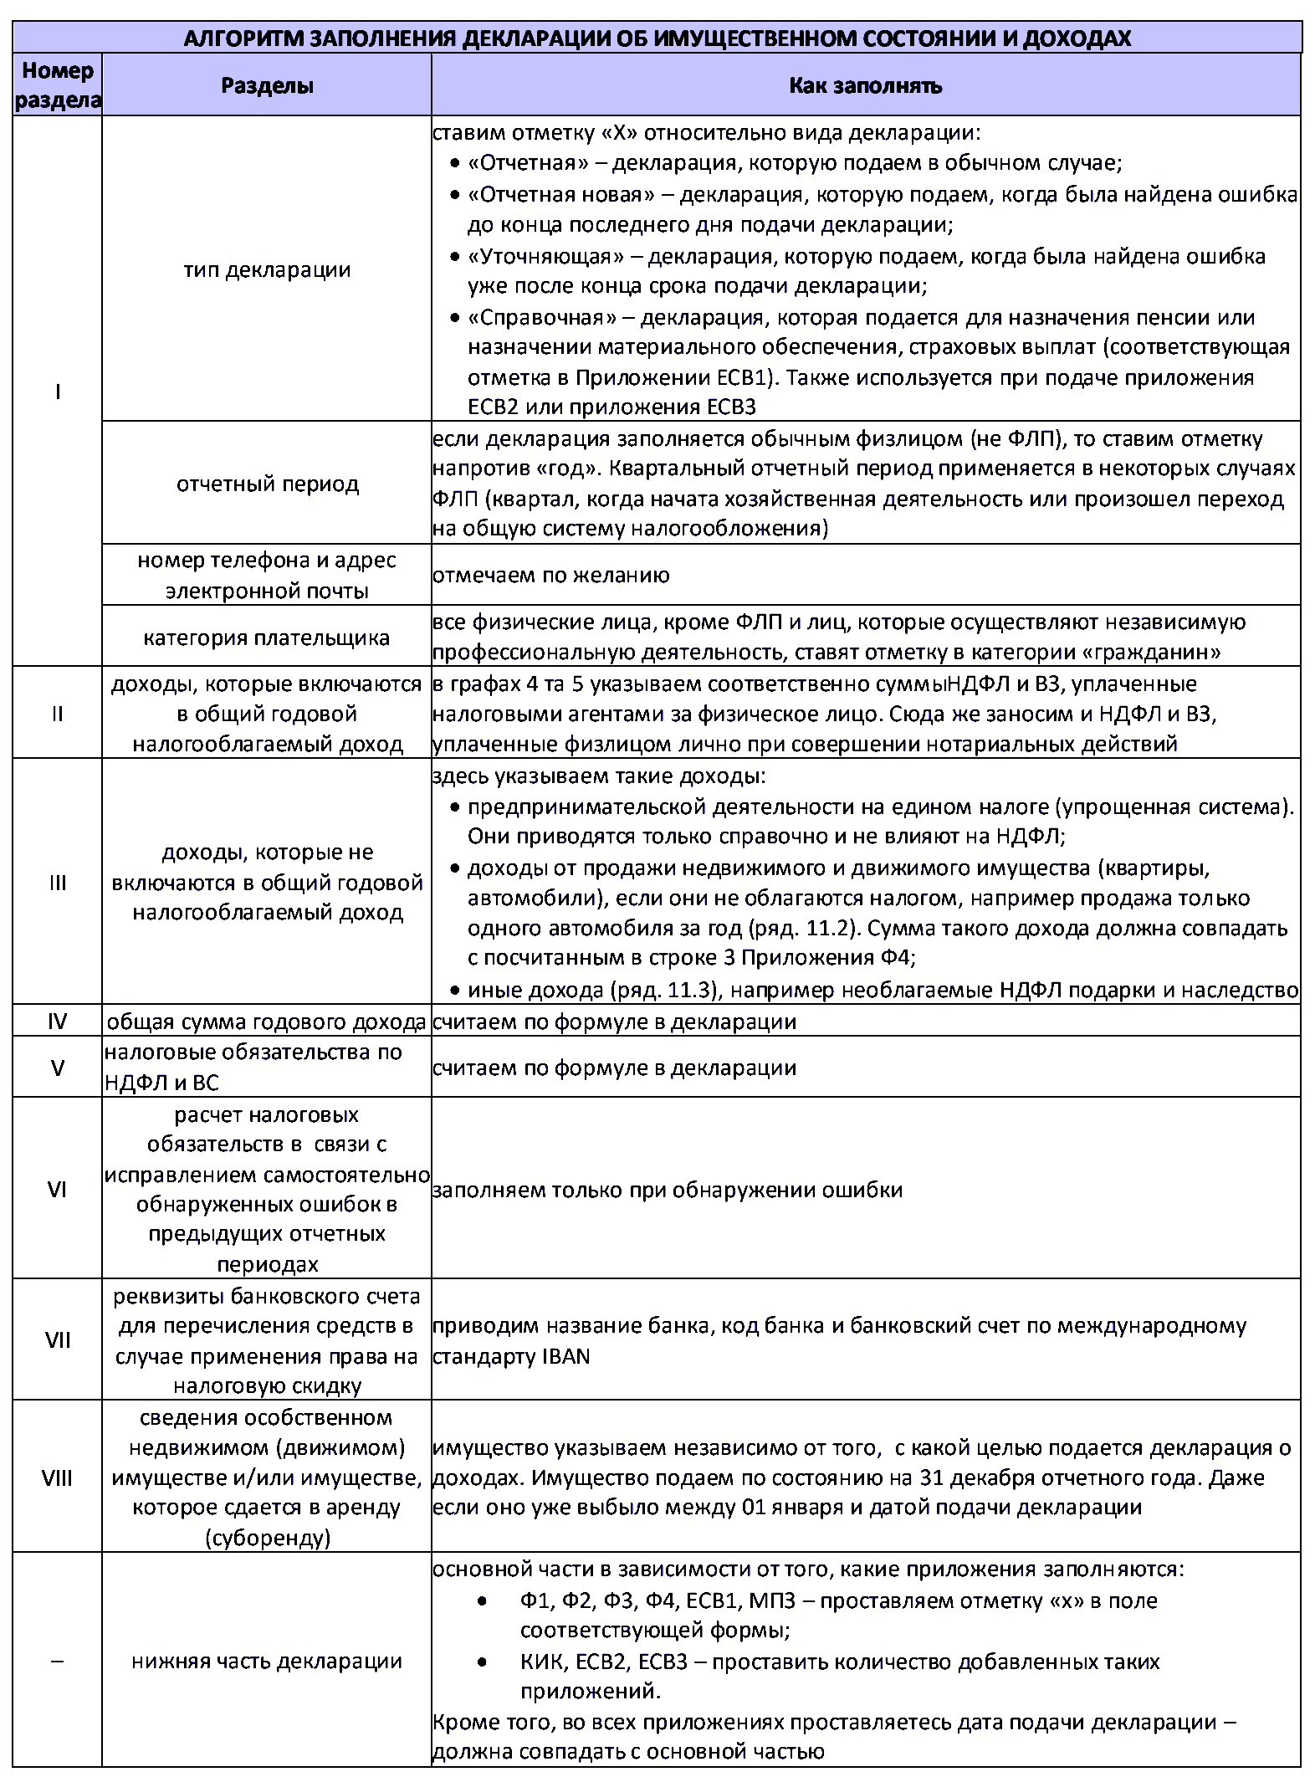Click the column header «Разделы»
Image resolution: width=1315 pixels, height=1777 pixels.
point(267,85)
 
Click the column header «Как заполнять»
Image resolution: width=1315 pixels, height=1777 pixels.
point(865,85)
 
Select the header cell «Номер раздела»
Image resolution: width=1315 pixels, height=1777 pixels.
point(58,85)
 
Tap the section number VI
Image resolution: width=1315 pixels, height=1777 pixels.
point(57,1189)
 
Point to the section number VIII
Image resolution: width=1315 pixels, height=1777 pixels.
point(57,1477)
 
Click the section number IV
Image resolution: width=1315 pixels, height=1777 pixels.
point(57,1021)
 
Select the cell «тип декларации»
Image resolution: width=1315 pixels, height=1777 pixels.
point(267,269)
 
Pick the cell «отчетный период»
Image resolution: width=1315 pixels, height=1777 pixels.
point(267,484)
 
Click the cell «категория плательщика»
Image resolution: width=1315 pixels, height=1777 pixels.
point(267,638)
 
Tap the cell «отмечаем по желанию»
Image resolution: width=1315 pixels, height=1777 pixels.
point(551,576)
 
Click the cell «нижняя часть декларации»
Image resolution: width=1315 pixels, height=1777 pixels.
point(267,1661)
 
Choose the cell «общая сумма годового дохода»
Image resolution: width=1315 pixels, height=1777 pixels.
point(267,1022)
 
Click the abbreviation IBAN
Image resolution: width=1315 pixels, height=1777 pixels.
point(565,1356)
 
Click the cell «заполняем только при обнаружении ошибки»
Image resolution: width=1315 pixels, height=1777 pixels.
point(668,1190)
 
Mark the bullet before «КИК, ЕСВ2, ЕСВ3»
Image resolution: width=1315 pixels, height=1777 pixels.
point(482,1662)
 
